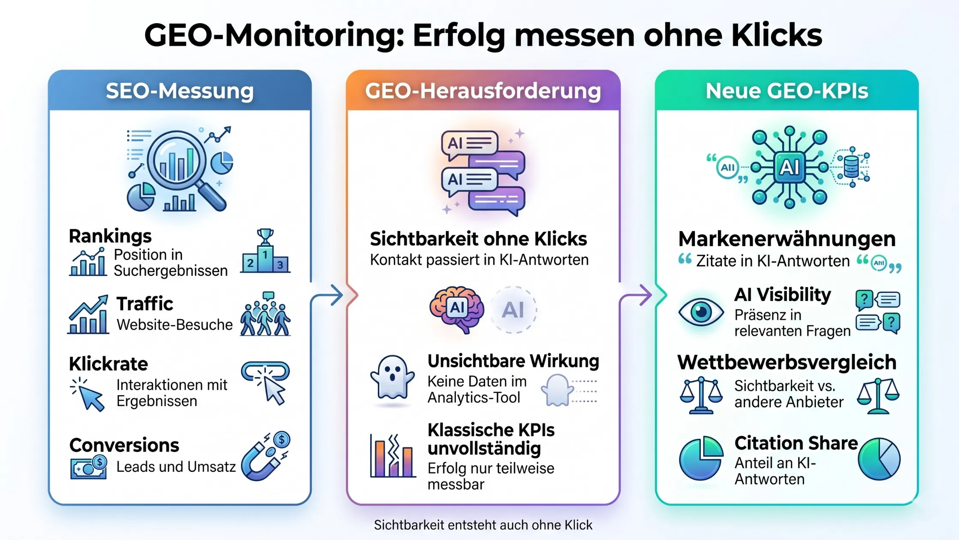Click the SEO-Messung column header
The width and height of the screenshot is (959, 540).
click(x=180, y=91)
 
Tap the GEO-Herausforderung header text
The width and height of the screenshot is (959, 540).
click(x=483, y=91)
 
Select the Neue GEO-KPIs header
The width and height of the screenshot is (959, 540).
click(x=787, y=91)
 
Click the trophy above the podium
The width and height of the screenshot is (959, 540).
click(x=265, y=237)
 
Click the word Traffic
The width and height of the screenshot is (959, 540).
click(x=145, y=303)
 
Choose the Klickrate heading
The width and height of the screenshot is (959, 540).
click(x=108, y=364)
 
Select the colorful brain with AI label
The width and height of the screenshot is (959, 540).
click(x=456, y=309)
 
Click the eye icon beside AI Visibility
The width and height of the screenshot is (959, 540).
click(x=701, y=312)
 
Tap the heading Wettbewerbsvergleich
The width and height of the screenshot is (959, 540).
click(x=787, y=363)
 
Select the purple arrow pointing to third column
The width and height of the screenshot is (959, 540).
click(x=636, y=296)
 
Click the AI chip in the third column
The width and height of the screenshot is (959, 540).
click(x=789, y=167)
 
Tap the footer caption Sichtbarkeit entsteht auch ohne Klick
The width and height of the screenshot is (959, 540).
click(x=483, y=525)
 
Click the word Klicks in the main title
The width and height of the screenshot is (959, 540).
click(x=776, y=35)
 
